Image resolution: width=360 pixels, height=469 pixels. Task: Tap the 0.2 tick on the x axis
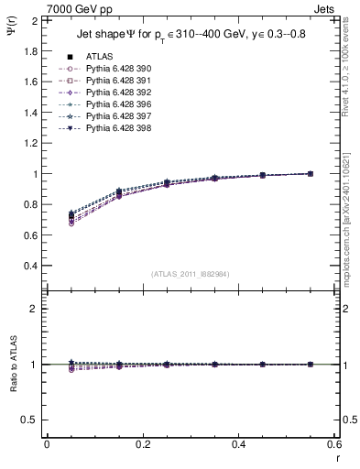[x=142, y=443]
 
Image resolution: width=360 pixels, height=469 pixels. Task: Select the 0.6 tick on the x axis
[x=333, y=443]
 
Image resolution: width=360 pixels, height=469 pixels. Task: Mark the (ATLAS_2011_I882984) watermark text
[x=191, y=273]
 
